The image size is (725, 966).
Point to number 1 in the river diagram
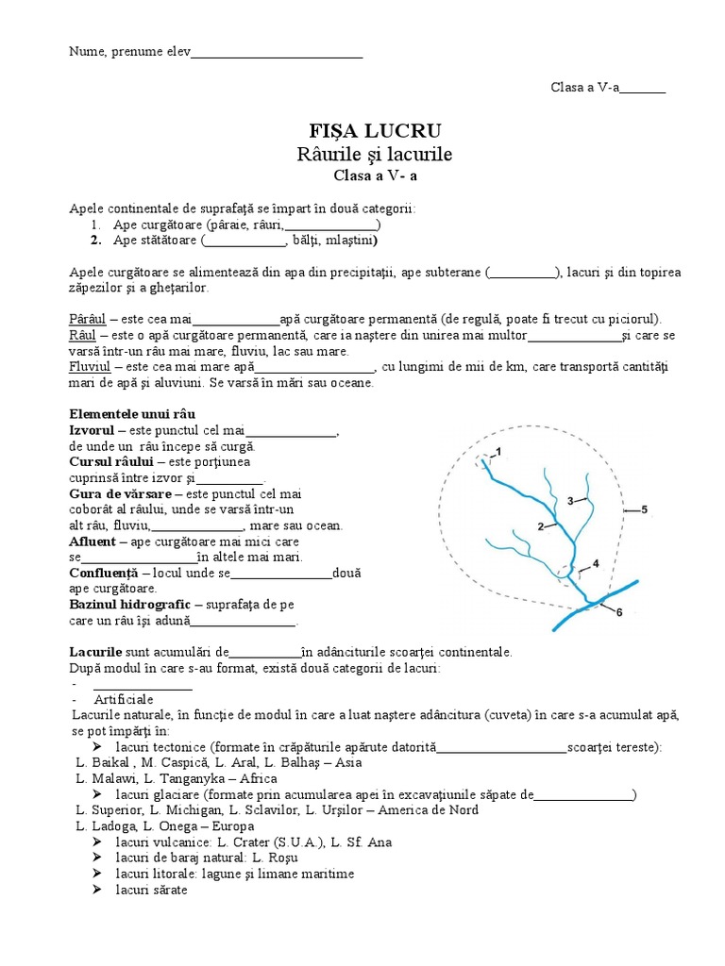(500, 449)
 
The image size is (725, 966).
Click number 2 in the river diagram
(540, 525)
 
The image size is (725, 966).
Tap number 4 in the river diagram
(595, 564)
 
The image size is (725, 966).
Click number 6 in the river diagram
(619, 612)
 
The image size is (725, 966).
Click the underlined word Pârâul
(89, 319)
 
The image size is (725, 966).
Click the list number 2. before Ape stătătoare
(96, 241)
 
